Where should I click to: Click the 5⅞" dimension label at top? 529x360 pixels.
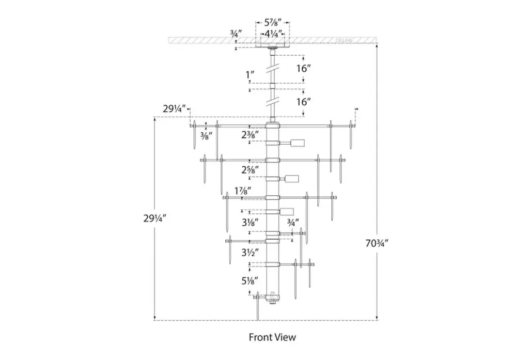(272, 23)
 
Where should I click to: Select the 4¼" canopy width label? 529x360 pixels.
(273, 34)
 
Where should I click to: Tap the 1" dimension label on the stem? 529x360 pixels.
(250, 75)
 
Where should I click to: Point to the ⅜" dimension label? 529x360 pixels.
(206, 135)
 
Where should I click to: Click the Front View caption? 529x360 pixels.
(272, 337)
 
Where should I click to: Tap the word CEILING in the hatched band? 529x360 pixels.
(344, 40)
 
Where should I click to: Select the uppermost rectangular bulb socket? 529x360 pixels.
(298, 143)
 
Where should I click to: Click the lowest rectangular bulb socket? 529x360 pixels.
(287, 211)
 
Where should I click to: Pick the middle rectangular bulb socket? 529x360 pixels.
(293, 179)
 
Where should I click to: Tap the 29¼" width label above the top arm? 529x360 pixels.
(173, 108)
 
